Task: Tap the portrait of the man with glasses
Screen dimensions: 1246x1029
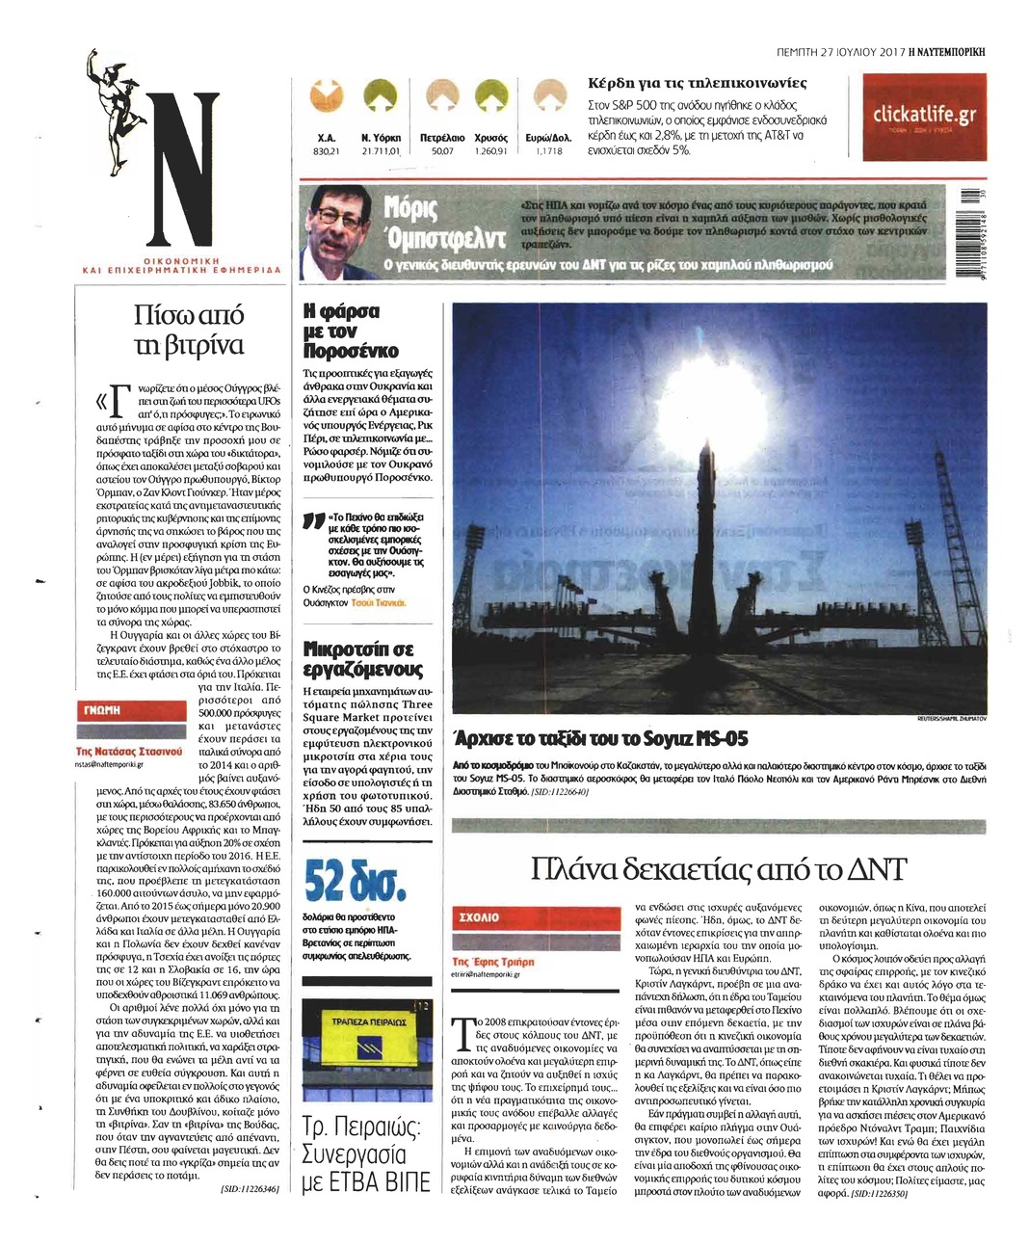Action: [x=338, y=230]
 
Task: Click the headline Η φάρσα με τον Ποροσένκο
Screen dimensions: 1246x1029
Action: [x=350, y=331]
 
